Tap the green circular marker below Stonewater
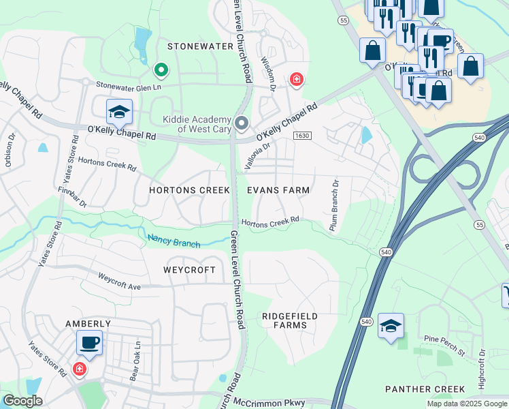point(161,69)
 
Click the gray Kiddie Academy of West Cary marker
point(242,123)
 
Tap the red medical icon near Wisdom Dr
point(296,80)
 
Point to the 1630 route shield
point(303,136)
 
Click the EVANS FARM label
point(278,190)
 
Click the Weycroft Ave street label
point(119,282)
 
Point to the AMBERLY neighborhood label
point(88,324)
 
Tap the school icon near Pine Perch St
point(391,326)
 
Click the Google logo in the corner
point(22,402)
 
